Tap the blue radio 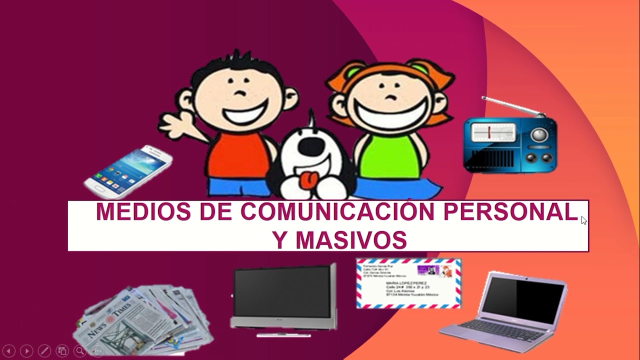(510, 142)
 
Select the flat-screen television (283, 297)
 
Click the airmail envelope (408, 283)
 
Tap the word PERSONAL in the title (510, 212)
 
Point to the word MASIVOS (351, 240)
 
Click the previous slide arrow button (9, 351)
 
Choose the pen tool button (44, 351)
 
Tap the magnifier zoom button (79, 351)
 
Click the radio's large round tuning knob (539, 134)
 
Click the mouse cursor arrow (583, 220)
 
